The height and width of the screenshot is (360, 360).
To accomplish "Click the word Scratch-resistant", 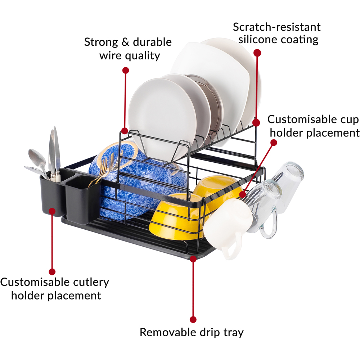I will click(276, 27).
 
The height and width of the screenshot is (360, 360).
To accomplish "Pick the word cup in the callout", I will click(348, 119).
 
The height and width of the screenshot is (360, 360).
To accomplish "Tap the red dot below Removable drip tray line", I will click(193, 319).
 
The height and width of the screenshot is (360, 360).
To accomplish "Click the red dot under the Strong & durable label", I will click(125, 70).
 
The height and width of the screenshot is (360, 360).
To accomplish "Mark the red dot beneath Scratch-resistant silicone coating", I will click(257, 53).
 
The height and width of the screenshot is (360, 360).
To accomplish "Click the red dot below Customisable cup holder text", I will click(274, 143).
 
